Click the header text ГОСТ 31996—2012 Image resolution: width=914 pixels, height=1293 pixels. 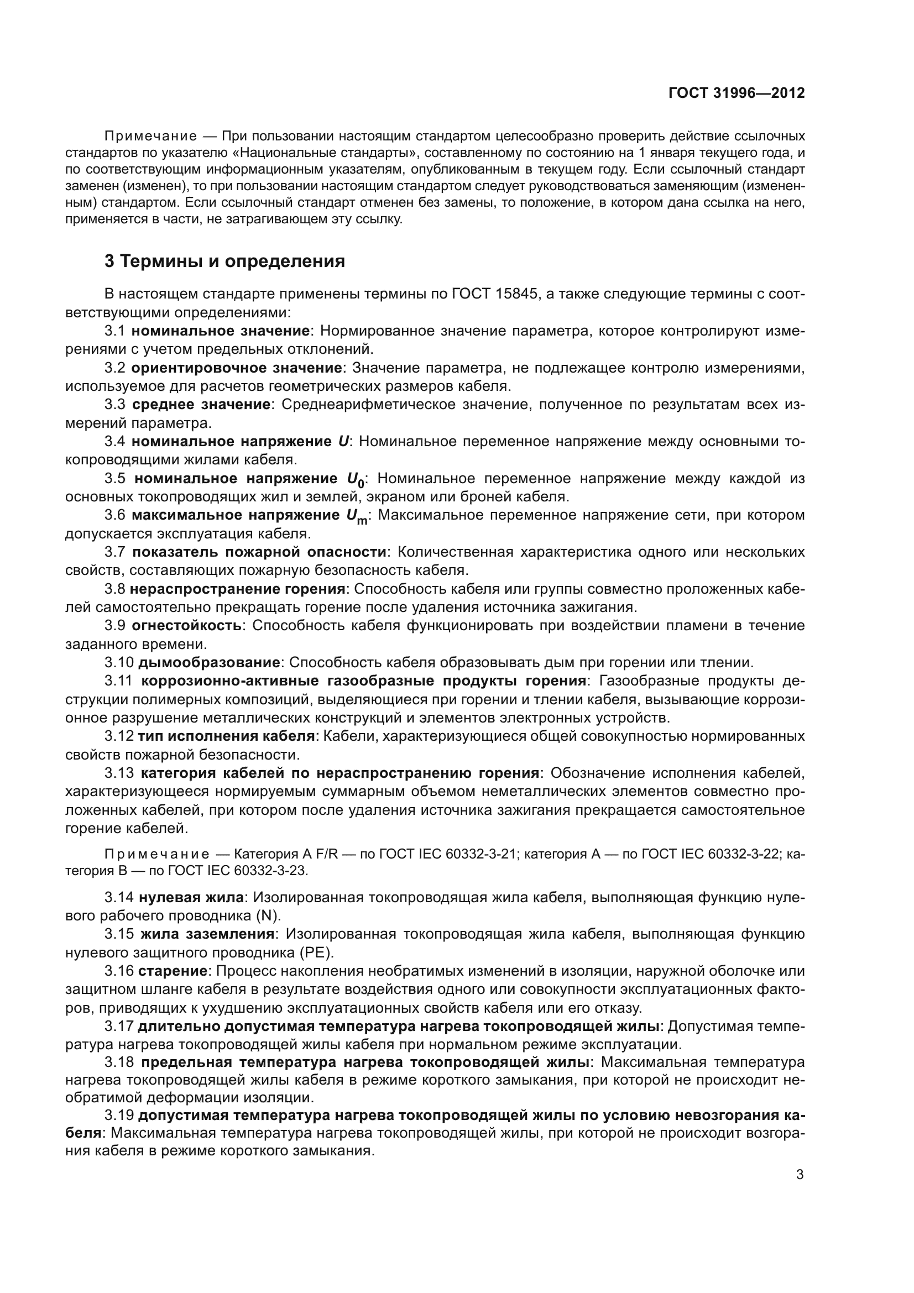pyautogui.click(x=736, y=93)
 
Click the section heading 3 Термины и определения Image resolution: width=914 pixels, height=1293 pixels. pyautogui.click(x=224, y=261)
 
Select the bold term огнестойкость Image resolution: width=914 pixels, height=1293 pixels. pyautogui.click(x=186, y=625)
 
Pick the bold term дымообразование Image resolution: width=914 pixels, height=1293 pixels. pyautogui.click(x=209, y=662)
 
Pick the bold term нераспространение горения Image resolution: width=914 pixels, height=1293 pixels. pyautogui.click(x=237, y=589)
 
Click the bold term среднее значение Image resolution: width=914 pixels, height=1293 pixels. pyautogui.click(x=201, y=404)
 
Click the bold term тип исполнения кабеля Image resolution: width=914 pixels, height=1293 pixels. pyautogui.click(x=226, y=736)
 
